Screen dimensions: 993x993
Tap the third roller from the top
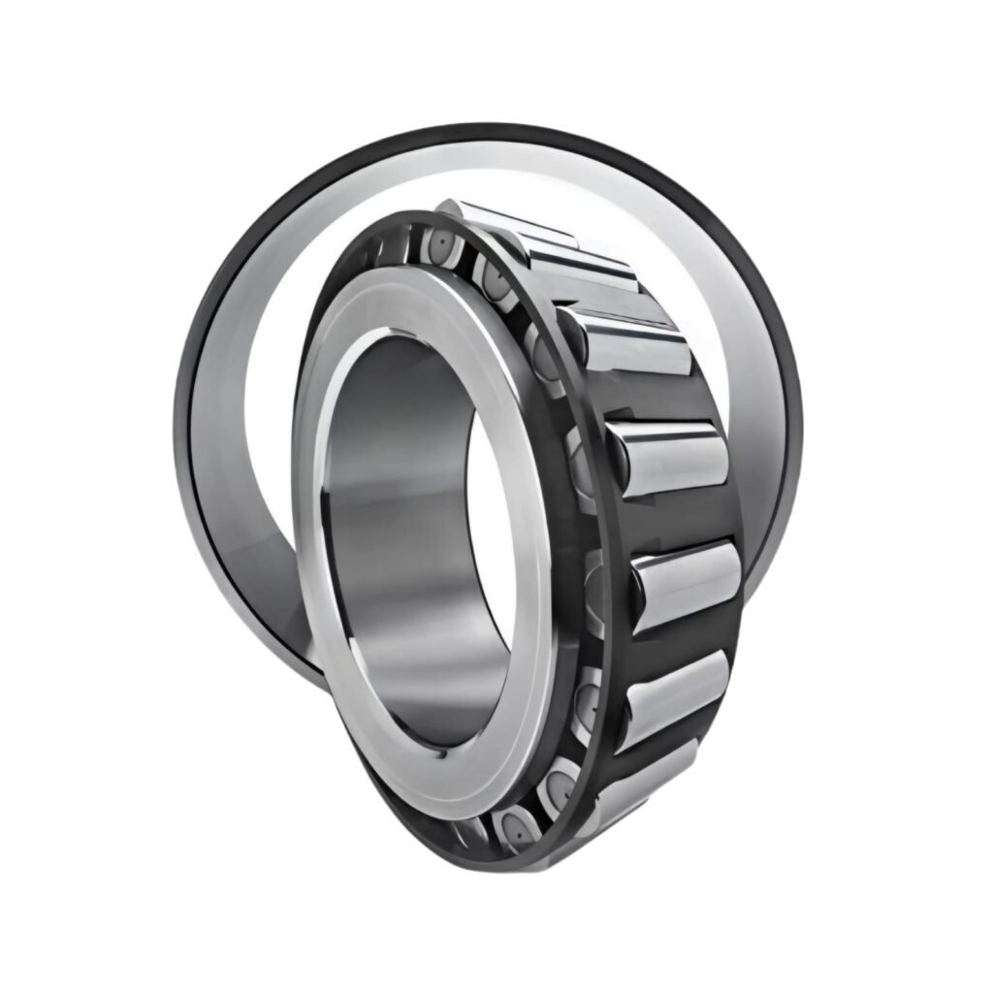click(630, 344)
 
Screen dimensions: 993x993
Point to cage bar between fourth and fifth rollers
click(679, 519)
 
